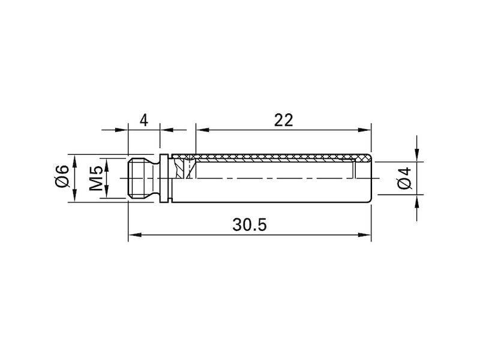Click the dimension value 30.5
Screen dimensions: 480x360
[x=250, y=224]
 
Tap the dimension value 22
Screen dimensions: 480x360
[x=283, y=120]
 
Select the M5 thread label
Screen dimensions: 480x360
[x=97, y=178]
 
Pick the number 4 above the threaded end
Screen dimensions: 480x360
[x=143, y=121]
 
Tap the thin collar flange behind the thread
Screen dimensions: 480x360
[x=164, y=178]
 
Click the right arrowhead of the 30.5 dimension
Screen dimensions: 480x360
[x=365, y=235]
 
